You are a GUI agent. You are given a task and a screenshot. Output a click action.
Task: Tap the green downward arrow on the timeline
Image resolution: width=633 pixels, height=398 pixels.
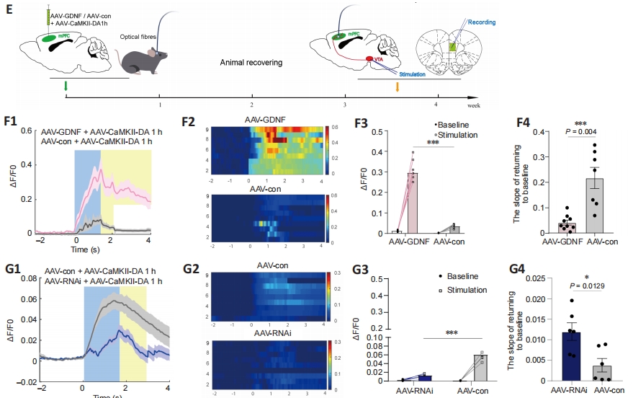(x=66, y=87)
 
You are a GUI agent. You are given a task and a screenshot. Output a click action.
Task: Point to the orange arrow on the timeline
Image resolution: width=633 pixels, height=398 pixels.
(x=397, y=87)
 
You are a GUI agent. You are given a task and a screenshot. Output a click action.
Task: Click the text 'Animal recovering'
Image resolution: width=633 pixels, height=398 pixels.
(x=251, y=63)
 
